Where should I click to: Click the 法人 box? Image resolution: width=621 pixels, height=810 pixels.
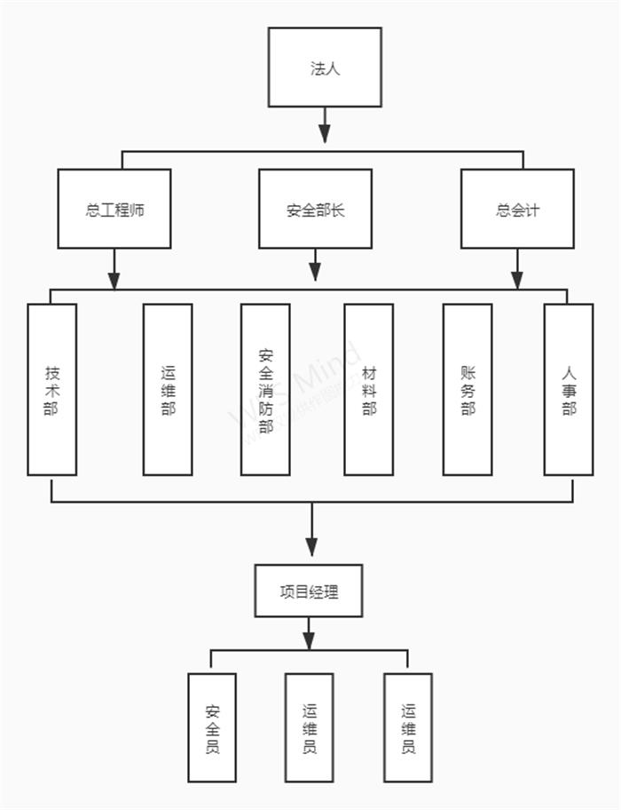pos(325,67)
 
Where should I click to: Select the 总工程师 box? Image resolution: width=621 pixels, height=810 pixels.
pos(114,210)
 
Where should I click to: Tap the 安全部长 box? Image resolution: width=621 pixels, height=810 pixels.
pos(315,210)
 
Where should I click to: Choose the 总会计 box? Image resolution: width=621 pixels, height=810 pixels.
pos(517,210)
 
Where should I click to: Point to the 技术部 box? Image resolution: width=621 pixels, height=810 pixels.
pos(51,389)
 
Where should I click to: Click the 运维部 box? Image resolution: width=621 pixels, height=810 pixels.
pos(168,389)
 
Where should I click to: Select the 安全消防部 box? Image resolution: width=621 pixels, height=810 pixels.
pos(265,389)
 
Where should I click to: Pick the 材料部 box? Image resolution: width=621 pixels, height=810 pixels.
pos(369,389)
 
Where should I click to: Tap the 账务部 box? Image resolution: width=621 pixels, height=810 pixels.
pos(468,389)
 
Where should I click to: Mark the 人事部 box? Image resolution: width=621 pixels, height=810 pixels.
pos(569,389)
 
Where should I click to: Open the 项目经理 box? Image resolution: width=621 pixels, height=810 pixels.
pos(309,591)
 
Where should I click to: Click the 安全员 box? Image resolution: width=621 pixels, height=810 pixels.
pos(212,727)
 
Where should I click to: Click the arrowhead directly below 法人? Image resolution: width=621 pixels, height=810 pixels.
pos(325,133)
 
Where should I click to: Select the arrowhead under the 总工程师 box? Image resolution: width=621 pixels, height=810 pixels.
pos(114,279)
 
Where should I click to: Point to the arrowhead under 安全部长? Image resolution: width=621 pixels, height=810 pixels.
pos(315,271)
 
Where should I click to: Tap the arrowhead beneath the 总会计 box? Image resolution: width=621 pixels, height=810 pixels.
pos(517,279)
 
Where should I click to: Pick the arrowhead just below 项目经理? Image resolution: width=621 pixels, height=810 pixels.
pos(309,639)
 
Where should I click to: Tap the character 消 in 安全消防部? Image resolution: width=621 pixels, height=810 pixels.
pos(265,389)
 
